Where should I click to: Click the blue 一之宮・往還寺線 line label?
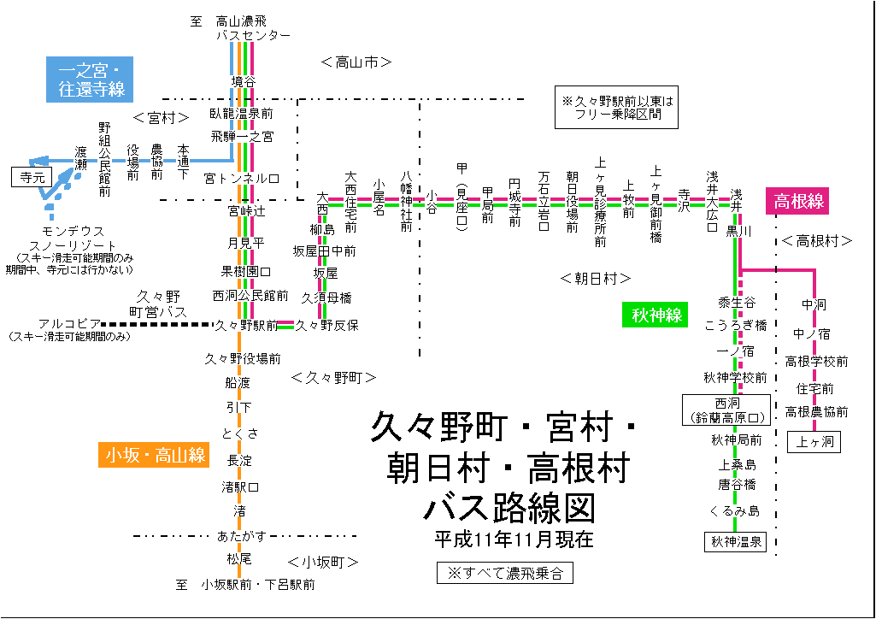pos(91,78)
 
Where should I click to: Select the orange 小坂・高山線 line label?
pos(155,456)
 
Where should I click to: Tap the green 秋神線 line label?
pos(656,315)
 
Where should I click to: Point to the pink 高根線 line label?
pos(798,202)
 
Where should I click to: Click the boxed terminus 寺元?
pos(32,177)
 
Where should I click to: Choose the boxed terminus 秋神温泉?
pos(736,541)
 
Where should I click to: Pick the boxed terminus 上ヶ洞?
pos(814,442)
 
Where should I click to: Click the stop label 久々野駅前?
pos(246,325)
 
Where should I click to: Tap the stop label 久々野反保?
pos(326,325)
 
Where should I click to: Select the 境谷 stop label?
pos(243,81)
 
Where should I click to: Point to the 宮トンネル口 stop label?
pos(242,179)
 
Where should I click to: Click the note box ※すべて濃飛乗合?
pos(504,572)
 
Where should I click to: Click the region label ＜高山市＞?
pos(356,62)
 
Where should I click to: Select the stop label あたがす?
pos(242,536)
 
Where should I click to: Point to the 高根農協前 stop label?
pos(816,412)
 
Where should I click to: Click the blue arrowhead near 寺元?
pos(34,160)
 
